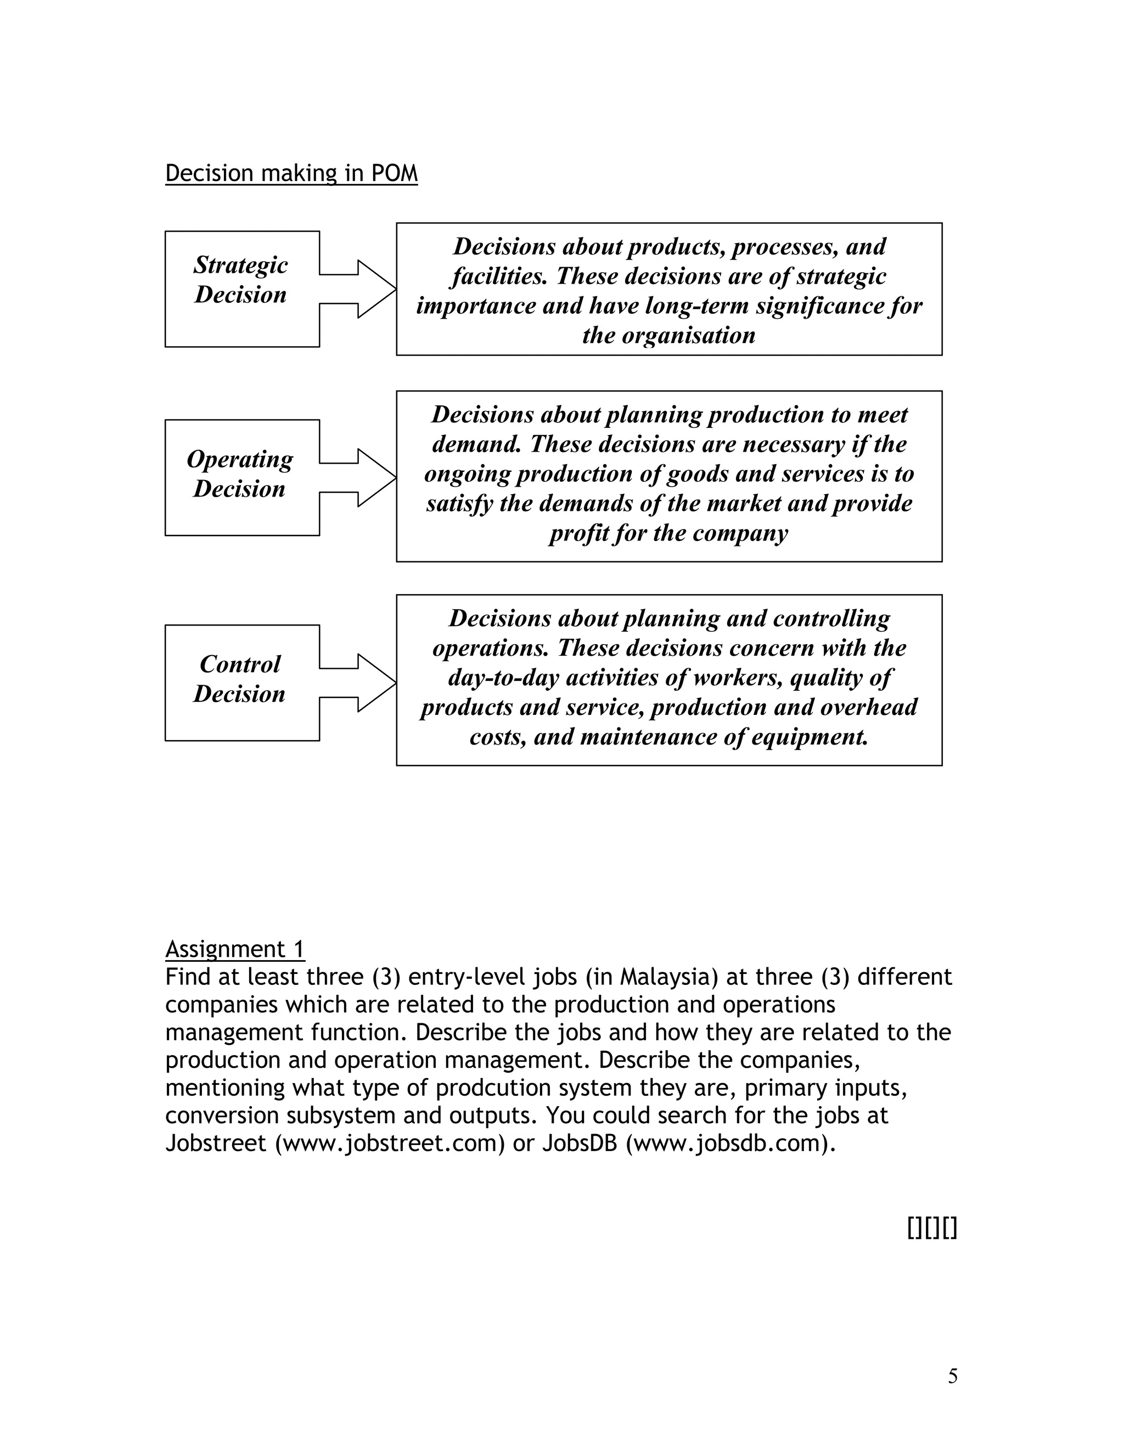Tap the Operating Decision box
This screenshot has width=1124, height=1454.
[x=241, y=477]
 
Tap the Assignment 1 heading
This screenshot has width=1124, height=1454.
[x=234, y=949]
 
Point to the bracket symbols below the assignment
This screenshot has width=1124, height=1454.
[x=931, y=1228]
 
